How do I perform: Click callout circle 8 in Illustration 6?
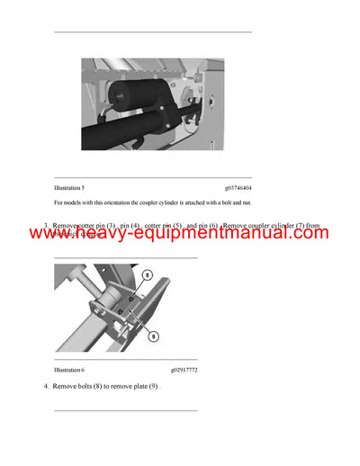[148, 276]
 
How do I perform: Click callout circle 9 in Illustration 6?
[153, 336]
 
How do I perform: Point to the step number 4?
[46, 386]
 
